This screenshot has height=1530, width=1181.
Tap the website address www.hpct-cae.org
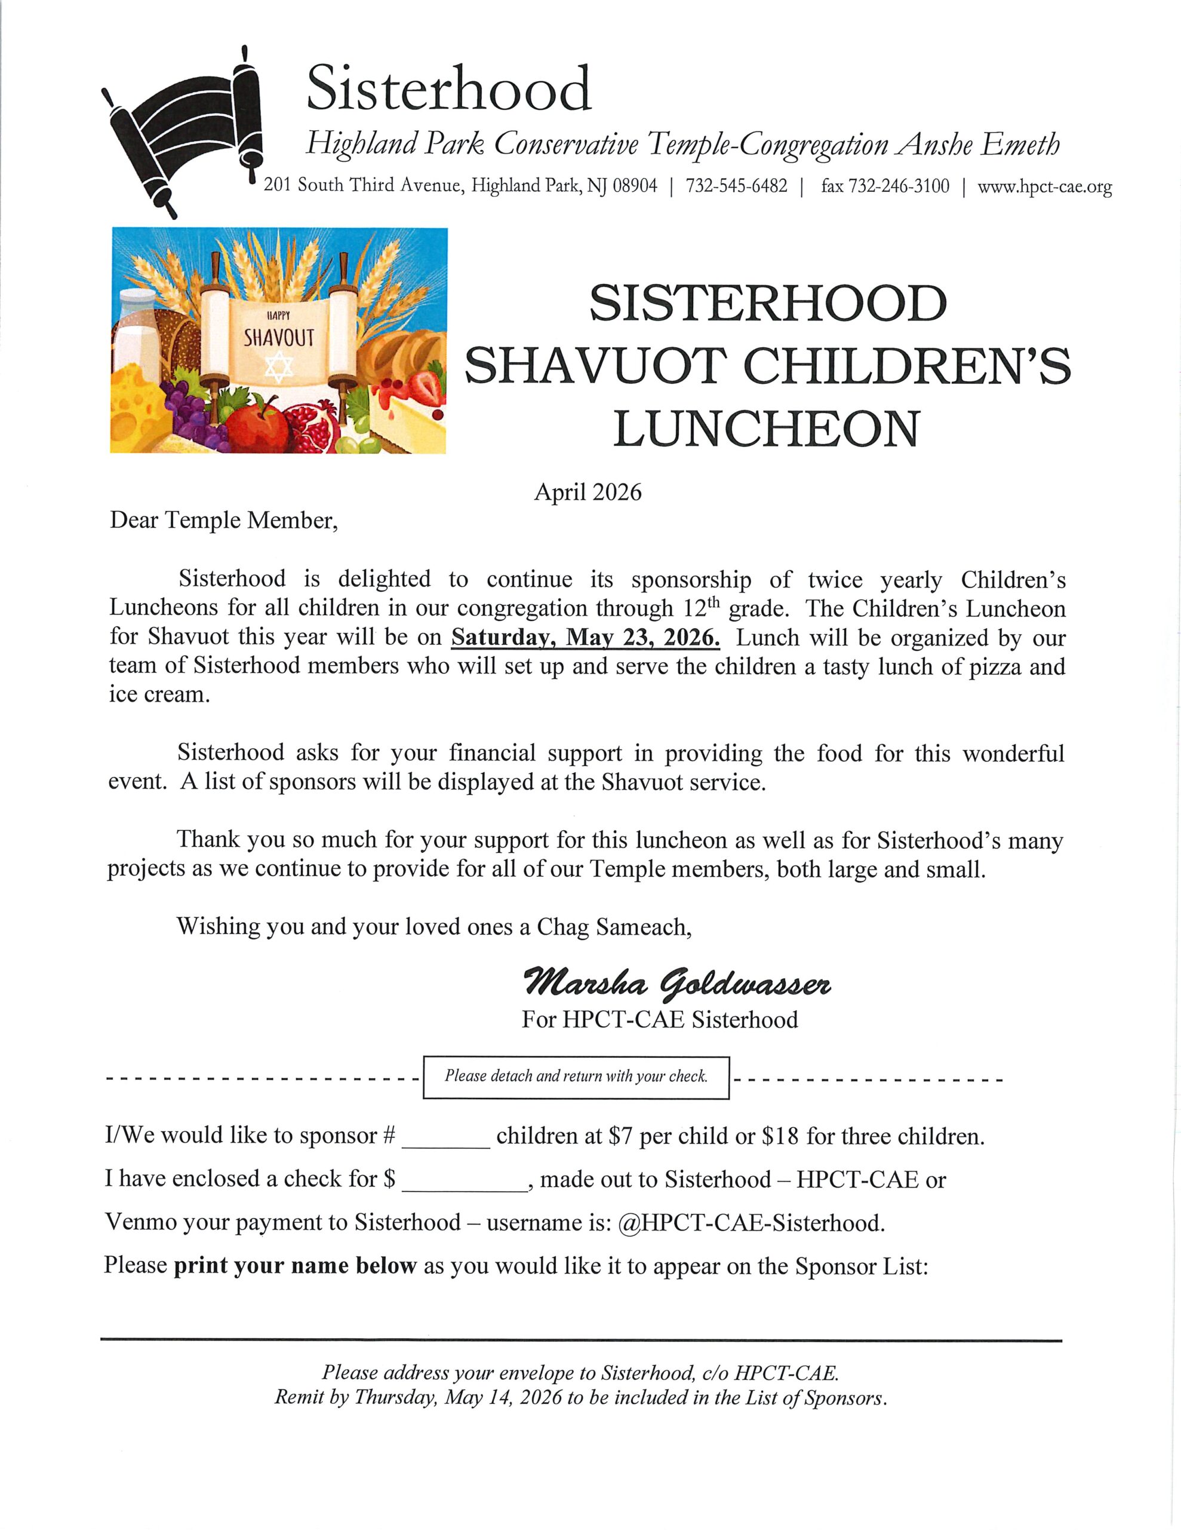click(x=1044, y=187)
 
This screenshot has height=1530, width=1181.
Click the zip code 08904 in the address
click(x=635, y=186)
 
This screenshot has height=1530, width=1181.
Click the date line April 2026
click(x=588, y=492)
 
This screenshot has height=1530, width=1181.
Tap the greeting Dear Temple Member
click(x=223, y=521)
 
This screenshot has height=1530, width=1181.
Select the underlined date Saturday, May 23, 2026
click(x=585, y=638)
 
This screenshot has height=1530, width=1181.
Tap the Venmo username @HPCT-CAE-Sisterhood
click(x=751, y=1223)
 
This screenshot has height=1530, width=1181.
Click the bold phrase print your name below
click(x=295, y=1266)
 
